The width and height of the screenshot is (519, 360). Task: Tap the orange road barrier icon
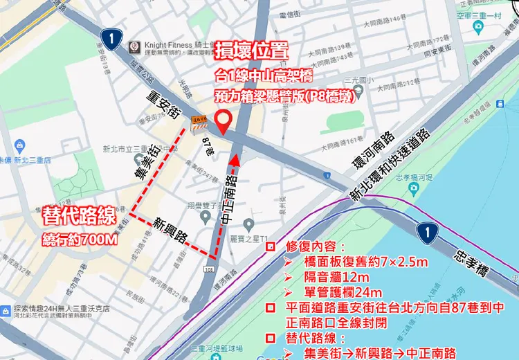pyautogui.click(x=199, y=123)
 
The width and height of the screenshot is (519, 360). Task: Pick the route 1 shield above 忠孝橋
pyautogui.click(x=428, y=231)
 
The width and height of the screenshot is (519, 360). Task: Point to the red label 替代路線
pyautogui.click(x=78, y=215)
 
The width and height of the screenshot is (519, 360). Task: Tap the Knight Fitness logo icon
pyautogui.click(x=134, y=46)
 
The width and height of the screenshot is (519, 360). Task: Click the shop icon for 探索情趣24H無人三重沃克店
pyautogui.click(x=7, y=309)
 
